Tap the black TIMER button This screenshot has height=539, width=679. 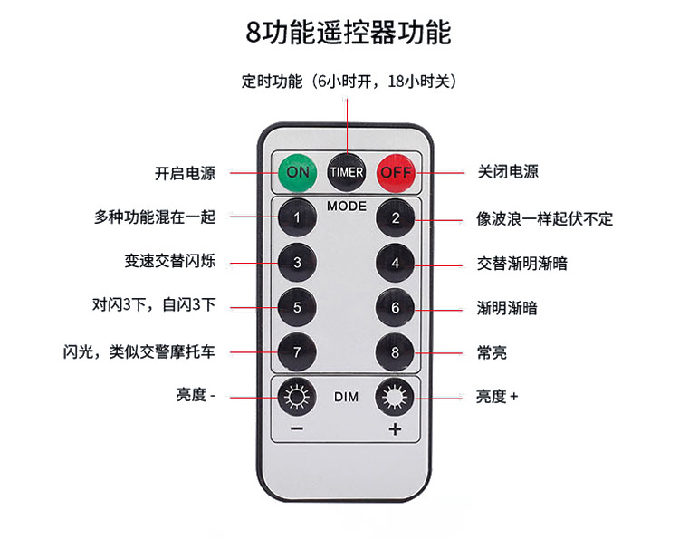pyautogui.click(x=347, y=171)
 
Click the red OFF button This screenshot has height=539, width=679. pyautogui.click(x=396, y=171)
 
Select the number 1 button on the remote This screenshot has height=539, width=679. pyautogui.click(x=297, y=218)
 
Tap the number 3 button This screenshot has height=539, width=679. pyautogui.click(x=297, y=263)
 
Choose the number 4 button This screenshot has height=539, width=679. pyautogui.click(x=396, y=263)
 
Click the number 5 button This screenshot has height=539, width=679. pyautogui.click(x=297, y=306)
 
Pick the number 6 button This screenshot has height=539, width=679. pyautogui.click(x=396, y=306)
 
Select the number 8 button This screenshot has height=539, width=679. pyautogui.click(x=396, y=350)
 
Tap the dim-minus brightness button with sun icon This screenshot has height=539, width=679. pyautogui.click(x=297, y=397)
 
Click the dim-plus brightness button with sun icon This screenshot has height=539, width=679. pyautogui.click(x=396, y=397)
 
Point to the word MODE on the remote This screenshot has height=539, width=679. pyautogui.click(x=347, y=206)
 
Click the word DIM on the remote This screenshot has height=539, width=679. pyautogui.click(x=347, y=397)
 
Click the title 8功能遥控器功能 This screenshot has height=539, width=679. pyautogui.click(x=348, y=32)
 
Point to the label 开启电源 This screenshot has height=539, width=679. pyautogui.click(x=185, y=172)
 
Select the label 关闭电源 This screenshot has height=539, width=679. pyautogui.click(x=508, y=172)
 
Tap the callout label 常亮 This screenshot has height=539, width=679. pyautogui.click(x=492, y=351)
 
